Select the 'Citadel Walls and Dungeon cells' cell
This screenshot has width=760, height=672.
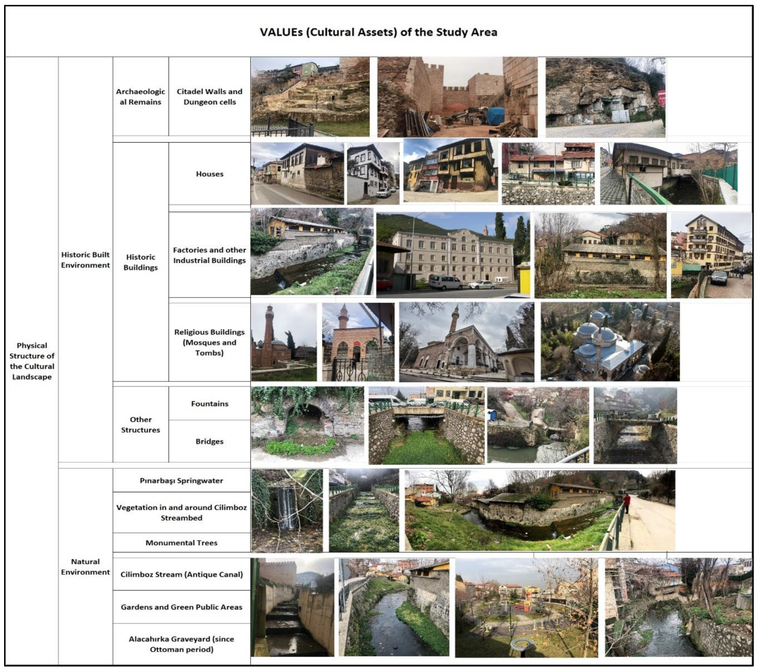(209, 97)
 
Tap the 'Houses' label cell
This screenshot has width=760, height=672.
(209, 174)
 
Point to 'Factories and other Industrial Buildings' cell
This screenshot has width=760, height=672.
(209, 255)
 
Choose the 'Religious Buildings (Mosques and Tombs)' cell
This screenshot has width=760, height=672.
(209, 342)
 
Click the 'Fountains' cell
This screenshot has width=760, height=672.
(209, 404)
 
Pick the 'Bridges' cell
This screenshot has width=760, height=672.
(209, 441)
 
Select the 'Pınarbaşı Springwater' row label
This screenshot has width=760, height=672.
(182, 481)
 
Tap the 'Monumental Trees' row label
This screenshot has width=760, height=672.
(182, 543)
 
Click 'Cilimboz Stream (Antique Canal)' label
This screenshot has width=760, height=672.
(182, 574)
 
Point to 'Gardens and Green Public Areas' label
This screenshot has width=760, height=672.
(182, 607)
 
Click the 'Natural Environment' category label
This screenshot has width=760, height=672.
(85, 567)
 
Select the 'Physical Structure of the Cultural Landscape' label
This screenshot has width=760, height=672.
(32, 361)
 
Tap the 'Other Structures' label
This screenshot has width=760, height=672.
(140, 424)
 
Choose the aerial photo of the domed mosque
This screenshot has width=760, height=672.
(610, 342)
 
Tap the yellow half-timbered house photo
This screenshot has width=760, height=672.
(450, 170)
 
